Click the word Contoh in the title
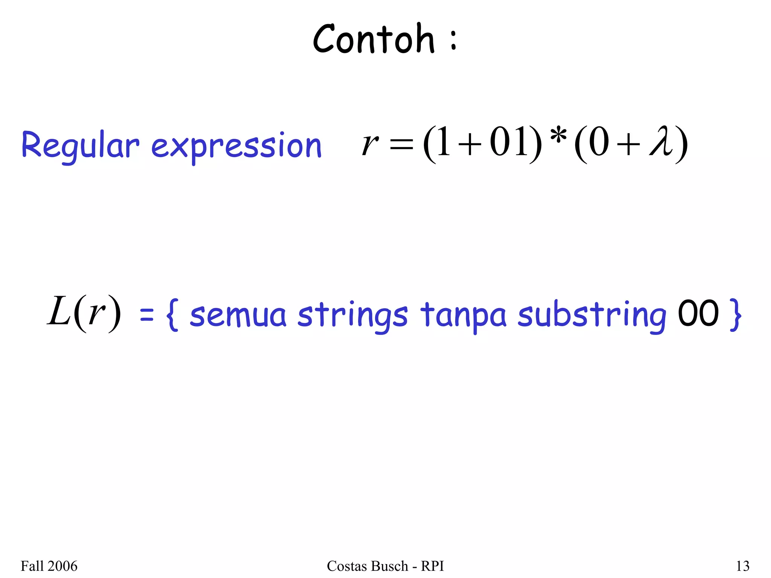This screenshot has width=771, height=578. click(x=373, y=39)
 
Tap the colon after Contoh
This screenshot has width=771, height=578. click(x=453, y=41)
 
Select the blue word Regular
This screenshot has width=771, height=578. click(x=80, y=146)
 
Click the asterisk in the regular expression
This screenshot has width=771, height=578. click(x=558, y=136)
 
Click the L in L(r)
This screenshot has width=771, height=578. click(x=59, y=311)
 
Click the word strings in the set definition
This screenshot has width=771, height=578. click(x=352, y=315)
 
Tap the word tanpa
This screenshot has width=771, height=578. click(x=463, y=315)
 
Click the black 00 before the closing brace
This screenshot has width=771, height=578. click(x=698, y=313)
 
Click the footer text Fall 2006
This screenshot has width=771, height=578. click(x=49, y=566)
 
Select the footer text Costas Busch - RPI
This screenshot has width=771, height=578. click(x=385, y=566)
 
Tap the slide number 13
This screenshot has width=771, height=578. click(x=742, y=566)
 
